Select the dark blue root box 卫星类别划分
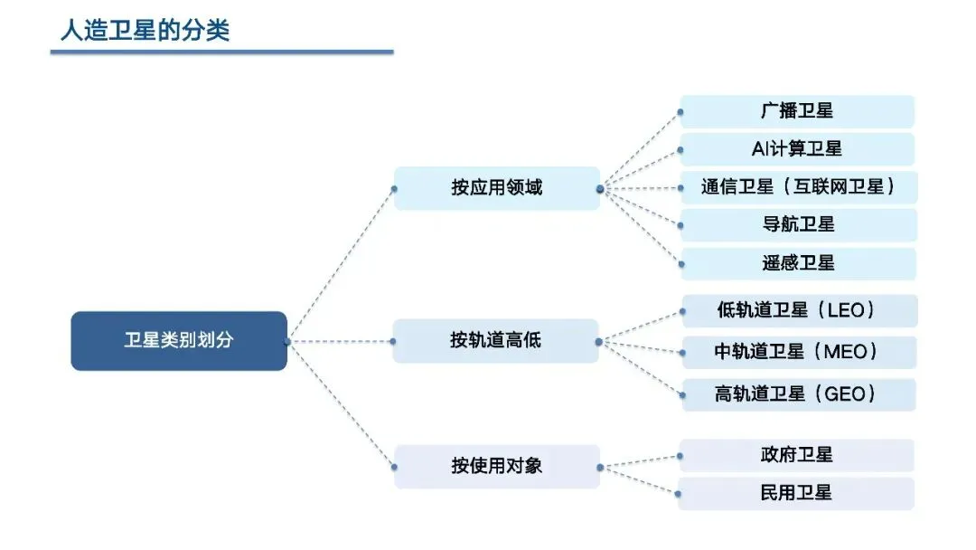pyautogui.click(x=179, y=341)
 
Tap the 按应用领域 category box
pyautogui.click(x=496, y=188)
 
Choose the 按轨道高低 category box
pyautogui.click(x=496, y=341)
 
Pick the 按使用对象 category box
pyautogui.click(x=496, y=467)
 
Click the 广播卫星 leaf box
pyautogui.click(x=796, y=111)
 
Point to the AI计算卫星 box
pyautogui.click(x=796, y=149)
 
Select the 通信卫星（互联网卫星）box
pyautogui.click(x=796, y=187)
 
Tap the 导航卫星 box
pyautogui.click(x=796, y=225)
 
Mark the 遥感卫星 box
pyautogui.click(x=796, y=263)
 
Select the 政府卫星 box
pyautogui.click(x=796, y=454)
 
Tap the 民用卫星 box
pyautogui.click(x=796, y=493)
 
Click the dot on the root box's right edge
pyautogui.click(x=286, y=341)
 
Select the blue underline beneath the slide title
pyautogui.click(x=221, y=52)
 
